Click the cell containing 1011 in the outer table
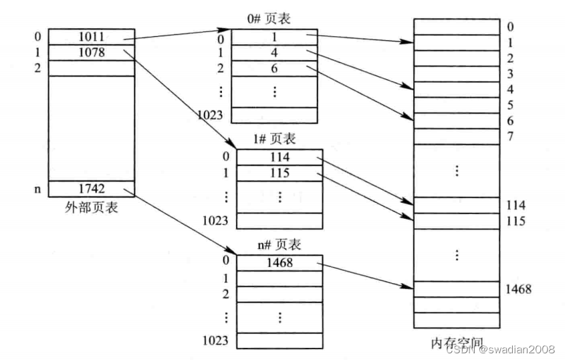click(92, 36)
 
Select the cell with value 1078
click(92, 52)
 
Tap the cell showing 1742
click(92, 189)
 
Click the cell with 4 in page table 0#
click(273, 53)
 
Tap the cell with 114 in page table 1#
click(280, 157)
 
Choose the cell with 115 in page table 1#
click(280, 173)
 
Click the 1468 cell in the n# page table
click(280, 263)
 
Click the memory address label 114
click(516, 205)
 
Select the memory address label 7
click(510, 137)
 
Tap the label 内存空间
click(457, 343)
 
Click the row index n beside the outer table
click(37, 189)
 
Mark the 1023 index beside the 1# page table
click(216, 220)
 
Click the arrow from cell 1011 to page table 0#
click(181, 33)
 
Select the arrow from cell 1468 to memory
click(367, 276)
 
